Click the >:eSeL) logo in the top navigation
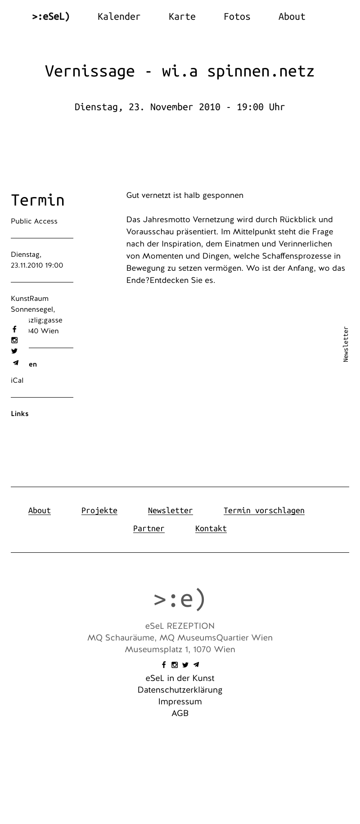click(51, 17)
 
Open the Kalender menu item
click(119, 17)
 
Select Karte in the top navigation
click(182, 17)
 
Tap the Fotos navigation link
click(237, 17)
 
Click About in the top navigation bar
click(292, 17)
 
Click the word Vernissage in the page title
click(90, 71)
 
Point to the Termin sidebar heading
click(38, 200)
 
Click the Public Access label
click(34, 221)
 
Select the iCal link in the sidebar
click(17, 381)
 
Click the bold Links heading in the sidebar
click(20, 414)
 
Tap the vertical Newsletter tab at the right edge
click(346, 344)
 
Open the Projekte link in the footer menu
click(99, 511)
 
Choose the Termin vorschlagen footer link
click(264, 511)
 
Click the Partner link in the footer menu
click(148, 528)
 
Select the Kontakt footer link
click(211, 528)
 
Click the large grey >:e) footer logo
click(180, 599)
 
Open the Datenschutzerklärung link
click(180, 690)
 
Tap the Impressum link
click(180, 702)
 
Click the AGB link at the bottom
click(180, 713)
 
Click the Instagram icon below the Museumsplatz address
click(175, 665)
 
